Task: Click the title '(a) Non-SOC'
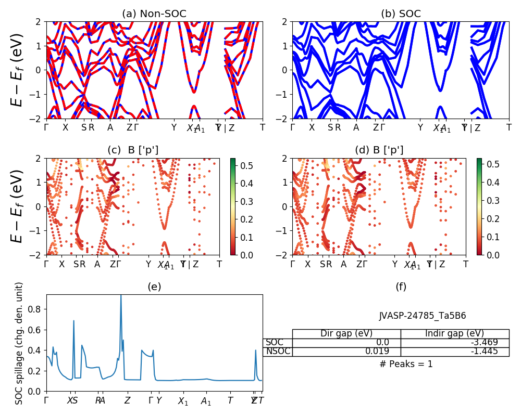point(154,14)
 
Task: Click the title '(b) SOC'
point(401,14)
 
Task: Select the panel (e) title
point(154,287)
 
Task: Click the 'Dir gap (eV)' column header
point(346,334)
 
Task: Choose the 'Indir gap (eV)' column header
point(454,334)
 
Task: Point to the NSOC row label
point(278,352)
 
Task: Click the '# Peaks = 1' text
point(406,364)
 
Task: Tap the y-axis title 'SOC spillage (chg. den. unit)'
point(20,343)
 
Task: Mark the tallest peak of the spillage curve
point(121,295)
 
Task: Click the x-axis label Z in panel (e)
point(127,401)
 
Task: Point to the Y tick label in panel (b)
point(420,127)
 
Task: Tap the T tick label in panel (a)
point(263,127)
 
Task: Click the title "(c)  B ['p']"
point(133,150)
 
